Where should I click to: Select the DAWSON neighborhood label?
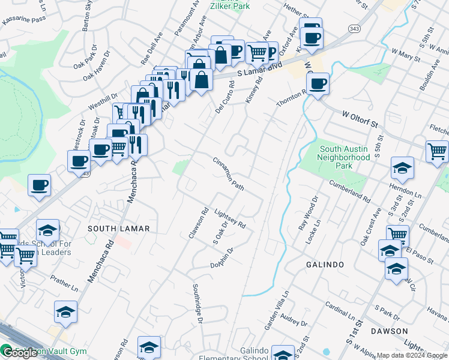click(x=388, y=331)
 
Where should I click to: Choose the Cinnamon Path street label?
click(x=229, y=175)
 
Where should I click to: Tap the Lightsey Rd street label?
click(x=231, y=217)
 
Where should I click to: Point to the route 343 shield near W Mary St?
click(x=353, y=28)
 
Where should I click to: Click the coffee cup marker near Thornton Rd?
click(x=318, y=84)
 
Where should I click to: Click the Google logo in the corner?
click(x=19, y=353)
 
